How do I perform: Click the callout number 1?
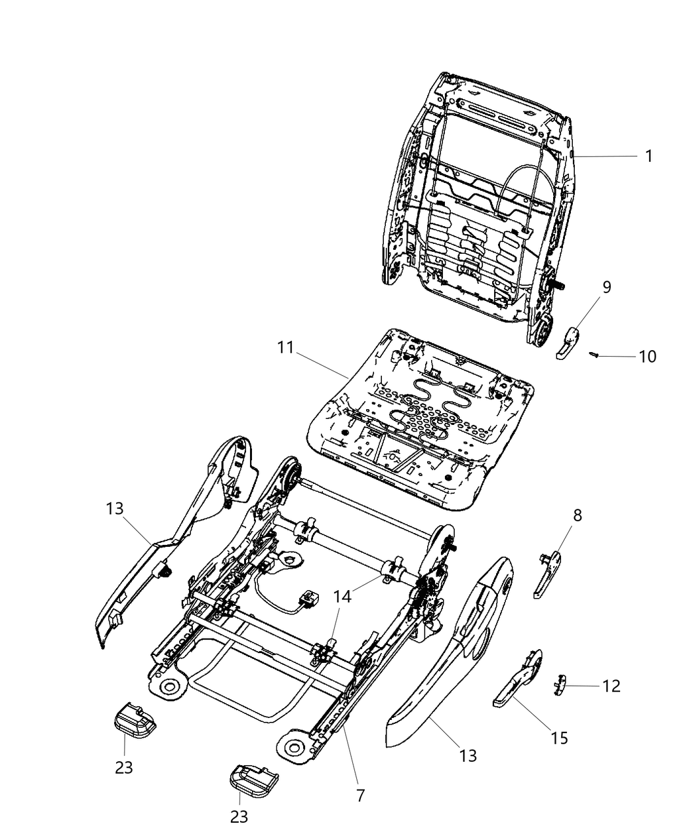tap(648, 156)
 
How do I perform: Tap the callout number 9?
tap(607, 287)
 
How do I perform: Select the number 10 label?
tap(647, 357)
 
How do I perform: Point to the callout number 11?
tap(285, 348)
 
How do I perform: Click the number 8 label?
tap(577, 515)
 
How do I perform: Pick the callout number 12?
tap(611, 687)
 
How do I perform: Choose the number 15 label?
tap(559, 738)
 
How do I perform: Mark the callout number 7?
tap(360, 795)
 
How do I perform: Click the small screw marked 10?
tap(595, 355)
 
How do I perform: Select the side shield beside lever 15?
tap(453, 656)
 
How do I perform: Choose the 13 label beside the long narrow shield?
tap(115, 508)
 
